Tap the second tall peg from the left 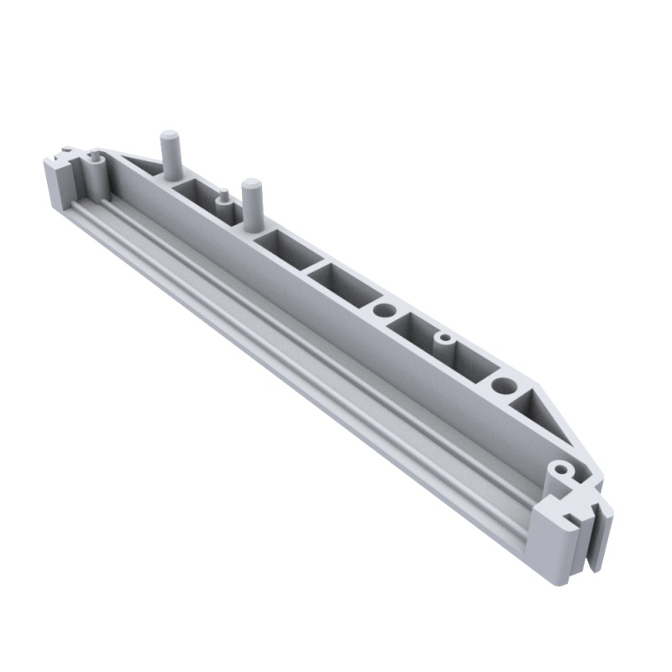[x=249, y=202]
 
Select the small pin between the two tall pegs [x=223, y=202]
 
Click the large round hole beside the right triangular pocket [x=504, y=386]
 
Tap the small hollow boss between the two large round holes [x=445, y=340]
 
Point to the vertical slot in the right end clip [x=598, y=538]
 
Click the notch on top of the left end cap [x=66, y=155]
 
